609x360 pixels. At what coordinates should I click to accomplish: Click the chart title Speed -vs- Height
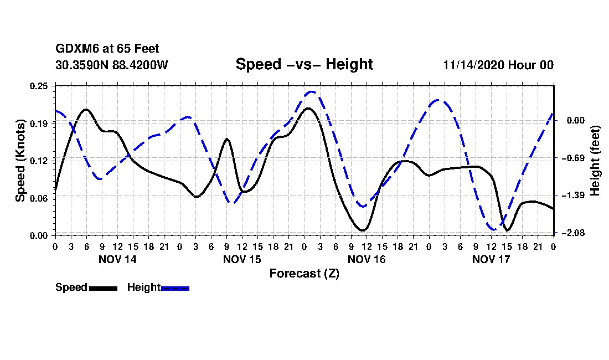click(304, 64)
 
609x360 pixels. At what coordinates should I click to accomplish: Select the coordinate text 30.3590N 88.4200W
click(111, 65)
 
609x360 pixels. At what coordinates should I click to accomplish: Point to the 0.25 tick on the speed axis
click(39, 86)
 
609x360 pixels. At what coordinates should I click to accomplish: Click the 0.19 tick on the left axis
click(39, 123)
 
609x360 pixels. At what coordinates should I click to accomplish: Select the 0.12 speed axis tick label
click(39, 161)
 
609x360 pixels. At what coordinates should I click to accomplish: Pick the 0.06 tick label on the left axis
click(39, 198)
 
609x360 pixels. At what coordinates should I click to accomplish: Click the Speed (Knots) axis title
click(20, 161)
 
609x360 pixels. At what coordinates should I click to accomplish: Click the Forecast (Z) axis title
click(304, 273)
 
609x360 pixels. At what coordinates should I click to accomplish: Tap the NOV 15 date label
click(242, 259)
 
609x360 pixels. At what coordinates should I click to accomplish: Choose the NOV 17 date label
click(491, 259)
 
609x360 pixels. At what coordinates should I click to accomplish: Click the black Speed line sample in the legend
click(103, 288)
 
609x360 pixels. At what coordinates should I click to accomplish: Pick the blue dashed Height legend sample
click(175, 288)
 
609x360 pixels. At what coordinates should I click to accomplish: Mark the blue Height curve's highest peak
click(312, 92)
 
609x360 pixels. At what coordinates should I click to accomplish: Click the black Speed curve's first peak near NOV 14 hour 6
click(86, 110)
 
